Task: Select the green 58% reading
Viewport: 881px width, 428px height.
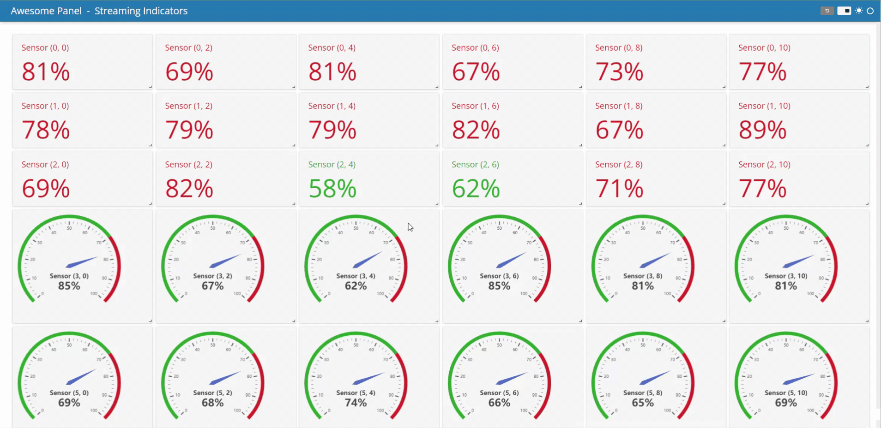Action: (332, 189)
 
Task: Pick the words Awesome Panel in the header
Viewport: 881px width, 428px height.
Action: (46, 11)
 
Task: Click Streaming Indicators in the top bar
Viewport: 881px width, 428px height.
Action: (141, 11)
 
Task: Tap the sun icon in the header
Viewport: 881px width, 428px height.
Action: (859, 11)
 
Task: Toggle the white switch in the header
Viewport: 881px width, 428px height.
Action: (844, 11)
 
